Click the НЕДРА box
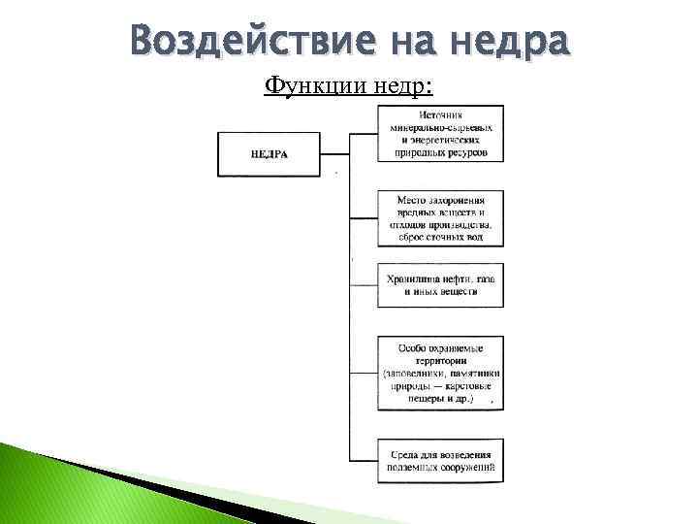pyautogui.click(x=269, y=154)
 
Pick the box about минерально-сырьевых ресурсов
pyautogui.click(x=440, y=134)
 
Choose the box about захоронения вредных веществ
pyautogui.click(x=440, y=218)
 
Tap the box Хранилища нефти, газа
pyautogui.click(x=440, y=285)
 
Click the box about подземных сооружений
pyautogui.click(x=440, y=459)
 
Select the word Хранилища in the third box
pyautogui.click(x=411, y=279)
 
